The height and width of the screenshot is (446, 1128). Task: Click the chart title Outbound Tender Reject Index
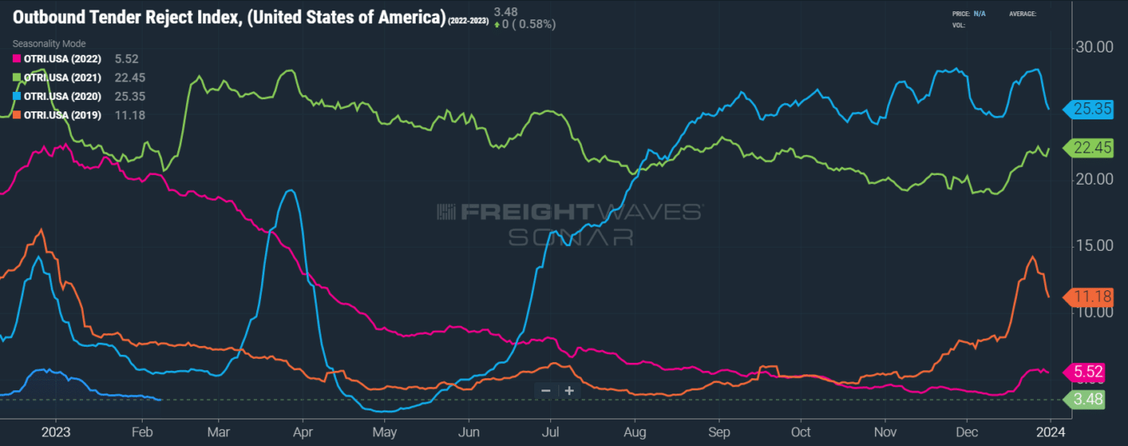(228, 18)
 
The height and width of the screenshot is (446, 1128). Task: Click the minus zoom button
(545, 390)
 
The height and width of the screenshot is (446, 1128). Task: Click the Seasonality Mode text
(48, 44)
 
